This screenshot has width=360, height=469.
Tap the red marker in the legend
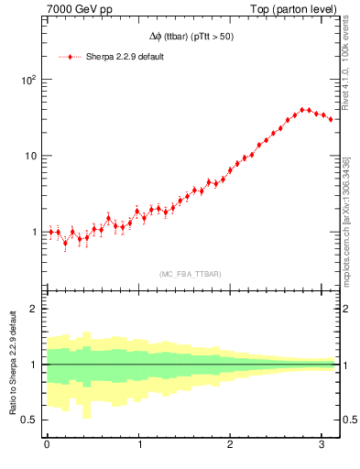(x=71, y=57)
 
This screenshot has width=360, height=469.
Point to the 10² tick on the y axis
(x=28, y=80)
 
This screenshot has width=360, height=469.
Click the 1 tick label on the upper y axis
(x=34, y=232)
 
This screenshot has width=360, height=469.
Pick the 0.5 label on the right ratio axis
(x=349, y=420)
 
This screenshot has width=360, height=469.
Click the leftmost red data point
(x=51, y=232)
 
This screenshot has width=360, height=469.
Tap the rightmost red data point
(x=331, y=119)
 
